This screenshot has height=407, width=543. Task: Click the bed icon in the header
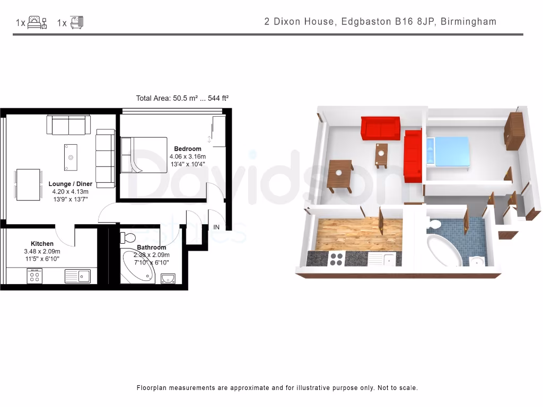point(37,22)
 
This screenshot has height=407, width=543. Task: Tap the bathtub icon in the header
point(77,22)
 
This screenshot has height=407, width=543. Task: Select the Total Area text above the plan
point(182,98)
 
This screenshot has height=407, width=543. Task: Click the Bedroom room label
point(187,149)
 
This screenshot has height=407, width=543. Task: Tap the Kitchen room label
point(42,244)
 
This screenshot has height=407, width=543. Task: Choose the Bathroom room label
point(151,247)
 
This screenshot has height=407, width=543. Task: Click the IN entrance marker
point(216,227)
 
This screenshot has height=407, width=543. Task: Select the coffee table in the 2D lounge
point(71,154)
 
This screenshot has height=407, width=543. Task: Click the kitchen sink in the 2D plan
point(77,276)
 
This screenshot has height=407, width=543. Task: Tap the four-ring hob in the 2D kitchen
point(34,276)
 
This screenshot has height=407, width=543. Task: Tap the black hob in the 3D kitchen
point(336,259)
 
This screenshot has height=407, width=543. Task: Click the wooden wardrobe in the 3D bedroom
point(513,131)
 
